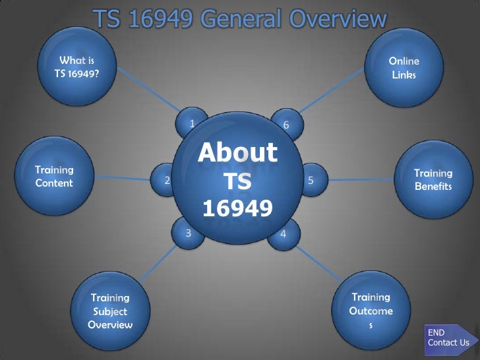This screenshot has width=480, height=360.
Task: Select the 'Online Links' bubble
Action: [404, 68]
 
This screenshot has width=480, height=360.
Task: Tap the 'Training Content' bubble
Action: [54, 177]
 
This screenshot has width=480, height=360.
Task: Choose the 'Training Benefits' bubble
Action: [433, 179]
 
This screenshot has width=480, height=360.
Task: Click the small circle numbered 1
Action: [191, 123]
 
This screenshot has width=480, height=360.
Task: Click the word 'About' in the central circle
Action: [237, 154]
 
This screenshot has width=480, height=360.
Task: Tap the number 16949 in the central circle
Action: [237, 208]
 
